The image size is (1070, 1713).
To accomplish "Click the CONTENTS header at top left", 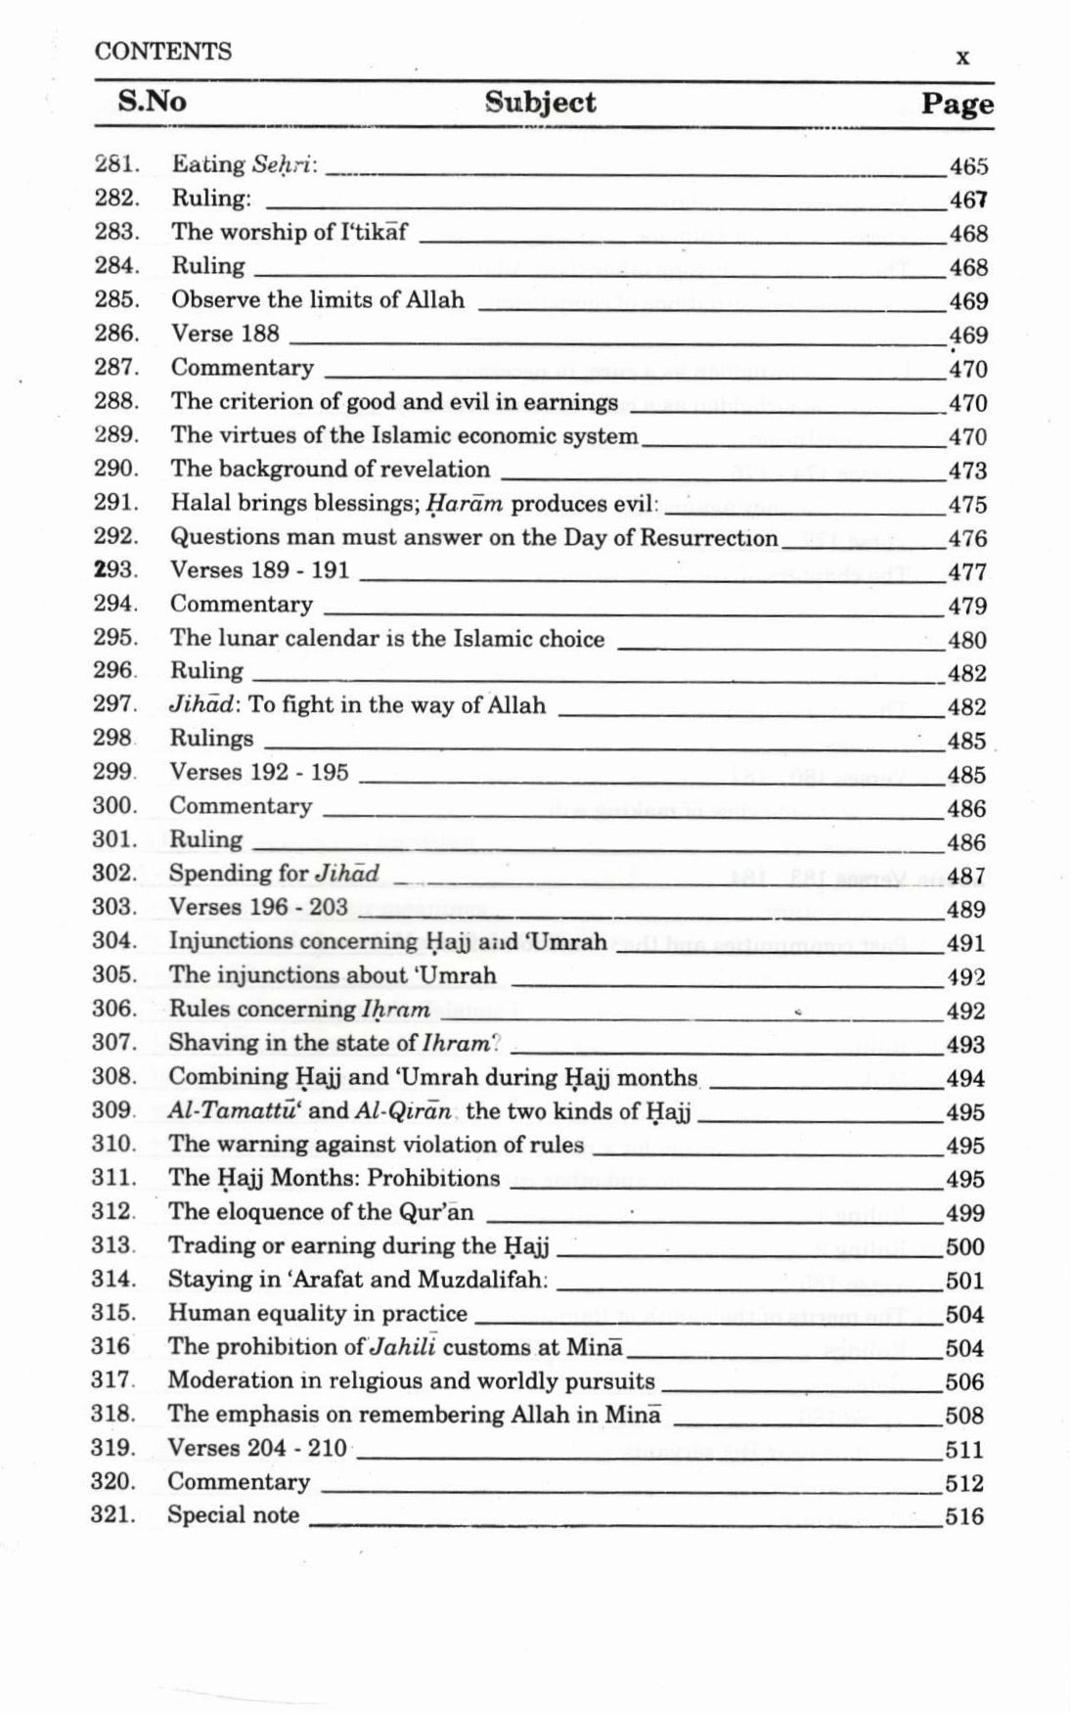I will point(162,52).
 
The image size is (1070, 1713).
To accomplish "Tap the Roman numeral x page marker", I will point(962,57).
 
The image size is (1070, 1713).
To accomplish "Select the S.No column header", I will point(152,102).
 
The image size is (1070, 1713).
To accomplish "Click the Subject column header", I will point(540,103).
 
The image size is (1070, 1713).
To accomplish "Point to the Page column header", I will point(957,104).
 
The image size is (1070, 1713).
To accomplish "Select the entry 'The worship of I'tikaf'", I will point(290,232).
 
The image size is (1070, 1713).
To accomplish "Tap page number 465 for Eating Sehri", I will point(968,166).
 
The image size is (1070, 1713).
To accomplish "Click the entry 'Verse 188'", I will point(225,334).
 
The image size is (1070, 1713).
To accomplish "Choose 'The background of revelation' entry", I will point(330,469).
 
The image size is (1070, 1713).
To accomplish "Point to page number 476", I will point(967,538).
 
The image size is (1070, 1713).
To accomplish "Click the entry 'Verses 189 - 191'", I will point(259,570).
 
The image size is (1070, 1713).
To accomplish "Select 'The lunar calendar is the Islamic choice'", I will point(387,639).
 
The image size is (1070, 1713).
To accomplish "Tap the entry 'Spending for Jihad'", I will point(274,874).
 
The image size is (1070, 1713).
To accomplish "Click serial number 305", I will point(114,975).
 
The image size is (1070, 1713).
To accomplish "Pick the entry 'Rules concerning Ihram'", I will point(299,1010).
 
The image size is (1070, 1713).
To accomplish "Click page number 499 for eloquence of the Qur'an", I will point(964,1213).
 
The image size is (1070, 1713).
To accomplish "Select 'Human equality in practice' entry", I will point(317,1313).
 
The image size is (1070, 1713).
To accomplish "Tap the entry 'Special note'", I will point(233,1515).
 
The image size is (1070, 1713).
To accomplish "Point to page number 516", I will point(964,1517).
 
